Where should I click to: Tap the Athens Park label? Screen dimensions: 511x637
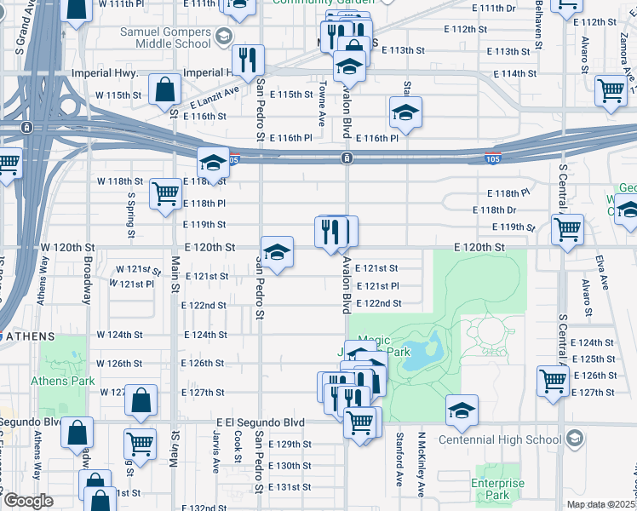(x=62, y=381)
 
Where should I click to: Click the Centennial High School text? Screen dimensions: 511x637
(x=500, y=439)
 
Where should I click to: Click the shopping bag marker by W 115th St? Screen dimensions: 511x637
(x=164, y=89)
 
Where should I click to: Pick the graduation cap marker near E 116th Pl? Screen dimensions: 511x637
(x=406, y=112)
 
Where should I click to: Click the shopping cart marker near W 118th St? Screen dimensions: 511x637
(x=164, y=192)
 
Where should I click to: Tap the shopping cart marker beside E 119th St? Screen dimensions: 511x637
(x=567, y=227)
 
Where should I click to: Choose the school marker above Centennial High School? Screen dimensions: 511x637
(x=461, y=411)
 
